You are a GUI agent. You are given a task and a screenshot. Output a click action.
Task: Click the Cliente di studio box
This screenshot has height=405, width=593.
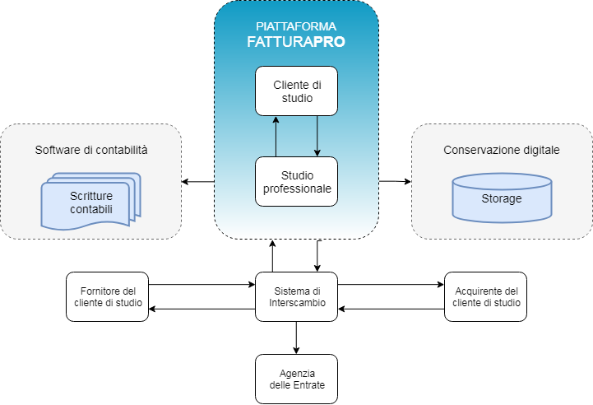[x=296, y=91]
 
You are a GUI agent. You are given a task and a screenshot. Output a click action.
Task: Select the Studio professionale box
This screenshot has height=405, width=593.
[x=296, y=182]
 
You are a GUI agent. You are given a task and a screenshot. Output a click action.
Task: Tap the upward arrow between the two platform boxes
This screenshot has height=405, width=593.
[x=276, y=136]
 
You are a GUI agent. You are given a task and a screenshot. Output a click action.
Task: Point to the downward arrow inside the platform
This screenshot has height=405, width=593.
[x=317, y=136]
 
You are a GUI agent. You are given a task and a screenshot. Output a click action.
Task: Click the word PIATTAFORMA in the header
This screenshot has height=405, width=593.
[x=296, y=26]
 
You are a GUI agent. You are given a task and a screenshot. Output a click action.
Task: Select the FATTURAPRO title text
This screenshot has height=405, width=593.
[x=296, y=41]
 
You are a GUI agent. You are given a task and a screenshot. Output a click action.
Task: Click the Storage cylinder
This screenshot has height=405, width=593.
[x=502, y=198]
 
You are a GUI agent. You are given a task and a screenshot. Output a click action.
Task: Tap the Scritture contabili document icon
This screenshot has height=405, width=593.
[x=90, y=202]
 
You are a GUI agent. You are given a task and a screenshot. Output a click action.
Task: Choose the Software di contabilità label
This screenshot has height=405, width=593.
[x=91, y=150]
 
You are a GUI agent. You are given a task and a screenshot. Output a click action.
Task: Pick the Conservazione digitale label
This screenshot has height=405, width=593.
[x=502, y=150]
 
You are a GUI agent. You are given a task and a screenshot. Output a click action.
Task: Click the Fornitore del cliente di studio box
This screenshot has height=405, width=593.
[x=107, y=296]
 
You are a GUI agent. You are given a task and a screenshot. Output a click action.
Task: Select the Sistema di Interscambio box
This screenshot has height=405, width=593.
[x=296, y=296]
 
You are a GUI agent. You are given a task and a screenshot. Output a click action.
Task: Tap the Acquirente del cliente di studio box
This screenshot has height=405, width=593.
[x=486, y=296]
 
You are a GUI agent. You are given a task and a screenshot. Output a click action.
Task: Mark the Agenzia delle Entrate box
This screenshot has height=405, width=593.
[x=296, y=379]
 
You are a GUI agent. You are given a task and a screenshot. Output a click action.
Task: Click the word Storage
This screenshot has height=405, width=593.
[x=502, y=198]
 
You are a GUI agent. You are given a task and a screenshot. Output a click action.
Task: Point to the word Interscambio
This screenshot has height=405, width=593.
[x=296, y=303]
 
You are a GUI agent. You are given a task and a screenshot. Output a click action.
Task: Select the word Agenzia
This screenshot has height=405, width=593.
[x=296, y=373]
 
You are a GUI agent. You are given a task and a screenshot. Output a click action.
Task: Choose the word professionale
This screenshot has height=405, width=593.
[x=296, y=189]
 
